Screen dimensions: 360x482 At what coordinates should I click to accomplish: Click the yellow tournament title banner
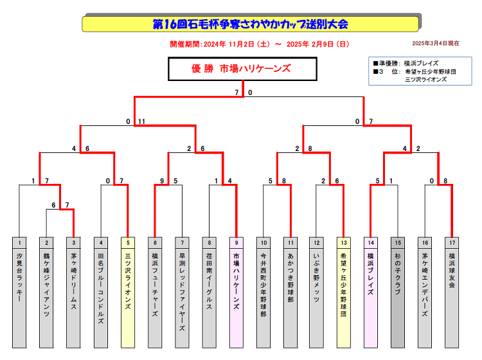[x=251, y=24]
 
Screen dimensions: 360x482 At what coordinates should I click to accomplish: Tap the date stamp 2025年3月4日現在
[x=435, y=44]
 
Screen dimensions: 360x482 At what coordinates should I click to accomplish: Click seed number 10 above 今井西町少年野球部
[x=263, y=242]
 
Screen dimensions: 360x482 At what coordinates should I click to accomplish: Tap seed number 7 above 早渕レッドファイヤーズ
[x=183, y=242]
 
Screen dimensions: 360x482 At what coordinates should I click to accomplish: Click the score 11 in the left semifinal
[x=141, y=122]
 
